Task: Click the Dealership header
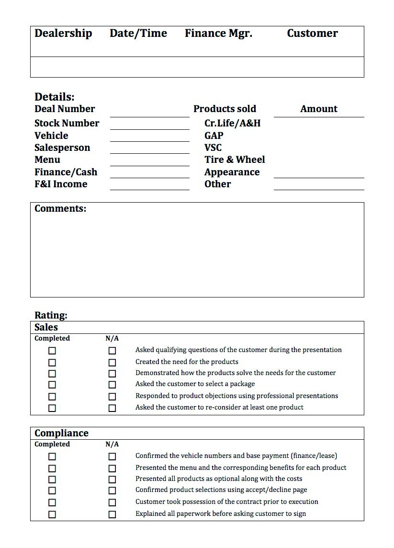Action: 63,34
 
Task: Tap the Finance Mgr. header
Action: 218,34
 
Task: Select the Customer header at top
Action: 312,34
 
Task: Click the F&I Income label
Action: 61,184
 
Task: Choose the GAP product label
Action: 214,136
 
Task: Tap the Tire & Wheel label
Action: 235,160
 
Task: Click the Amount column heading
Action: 319,109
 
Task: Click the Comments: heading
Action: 60,208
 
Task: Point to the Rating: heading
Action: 51,315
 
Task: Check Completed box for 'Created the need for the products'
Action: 52,363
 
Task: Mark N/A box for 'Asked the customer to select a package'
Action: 112,385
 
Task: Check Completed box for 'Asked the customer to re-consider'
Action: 52,408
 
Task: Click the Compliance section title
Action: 61,433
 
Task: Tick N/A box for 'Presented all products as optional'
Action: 112,479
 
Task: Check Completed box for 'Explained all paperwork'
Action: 52,514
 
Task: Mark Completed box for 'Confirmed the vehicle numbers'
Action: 52,457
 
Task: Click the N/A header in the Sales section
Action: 112,338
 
